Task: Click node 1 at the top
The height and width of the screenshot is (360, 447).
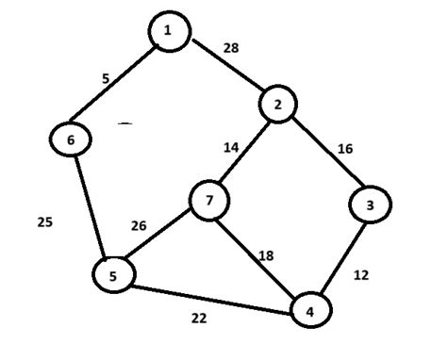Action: click(x=169, y=31)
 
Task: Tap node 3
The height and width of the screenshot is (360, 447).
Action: click(x=371, y=204)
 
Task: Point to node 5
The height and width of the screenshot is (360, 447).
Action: click(x=114, y=274)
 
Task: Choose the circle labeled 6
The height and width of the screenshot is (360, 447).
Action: click(x=71, y=139)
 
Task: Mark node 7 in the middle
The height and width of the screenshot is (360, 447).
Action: click(x=209, y=200)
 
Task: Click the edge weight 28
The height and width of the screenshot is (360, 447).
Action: click(x=231, y=47)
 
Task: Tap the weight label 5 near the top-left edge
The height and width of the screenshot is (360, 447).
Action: click(x=106, y=79)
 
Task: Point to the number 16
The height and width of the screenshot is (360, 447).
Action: click(x=346, y=149)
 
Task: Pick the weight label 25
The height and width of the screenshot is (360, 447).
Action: click(x=44, y=222)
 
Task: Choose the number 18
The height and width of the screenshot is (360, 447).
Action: click(x=267, y=254)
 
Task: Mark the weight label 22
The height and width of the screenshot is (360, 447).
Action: click(x=199, y=319)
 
